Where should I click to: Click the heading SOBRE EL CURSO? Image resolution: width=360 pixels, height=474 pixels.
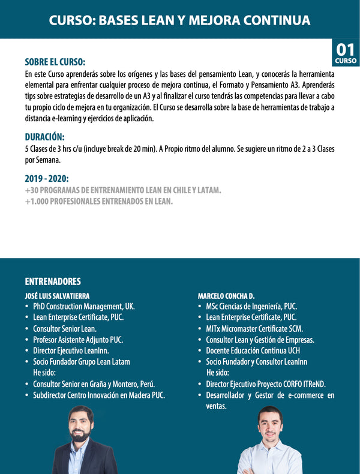(55, 62)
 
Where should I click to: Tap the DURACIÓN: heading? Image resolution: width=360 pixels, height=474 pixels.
(45, 136)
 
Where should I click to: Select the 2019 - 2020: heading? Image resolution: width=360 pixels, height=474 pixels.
(47, 179)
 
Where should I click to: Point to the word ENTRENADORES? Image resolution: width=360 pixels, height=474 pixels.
(53, 281)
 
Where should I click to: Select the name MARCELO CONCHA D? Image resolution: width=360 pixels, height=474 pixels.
(226, 295)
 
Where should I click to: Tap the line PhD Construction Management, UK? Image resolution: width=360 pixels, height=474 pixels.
(84, 306)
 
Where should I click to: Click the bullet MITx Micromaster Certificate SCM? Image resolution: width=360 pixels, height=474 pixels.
(254, 328)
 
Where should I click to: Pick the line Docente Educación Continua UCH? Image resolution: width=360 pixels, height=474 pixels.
(253, 350)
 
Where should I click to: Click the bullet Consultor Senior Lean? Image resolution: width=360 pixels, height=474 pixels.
(65, 328)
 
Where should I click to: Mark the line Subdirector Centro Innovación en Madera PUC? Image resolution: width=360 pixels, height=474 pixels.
(99, 395)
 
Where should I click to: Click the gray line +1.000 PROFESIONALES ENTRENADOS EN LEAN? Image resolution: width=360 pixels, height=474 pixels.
(99, 202)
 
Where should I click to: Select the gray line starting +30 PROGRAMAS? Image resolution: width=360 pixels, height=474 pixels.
(123, 190)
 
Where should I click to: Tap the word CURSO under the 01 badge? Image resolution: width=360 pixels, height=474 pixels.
(346, 61)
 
